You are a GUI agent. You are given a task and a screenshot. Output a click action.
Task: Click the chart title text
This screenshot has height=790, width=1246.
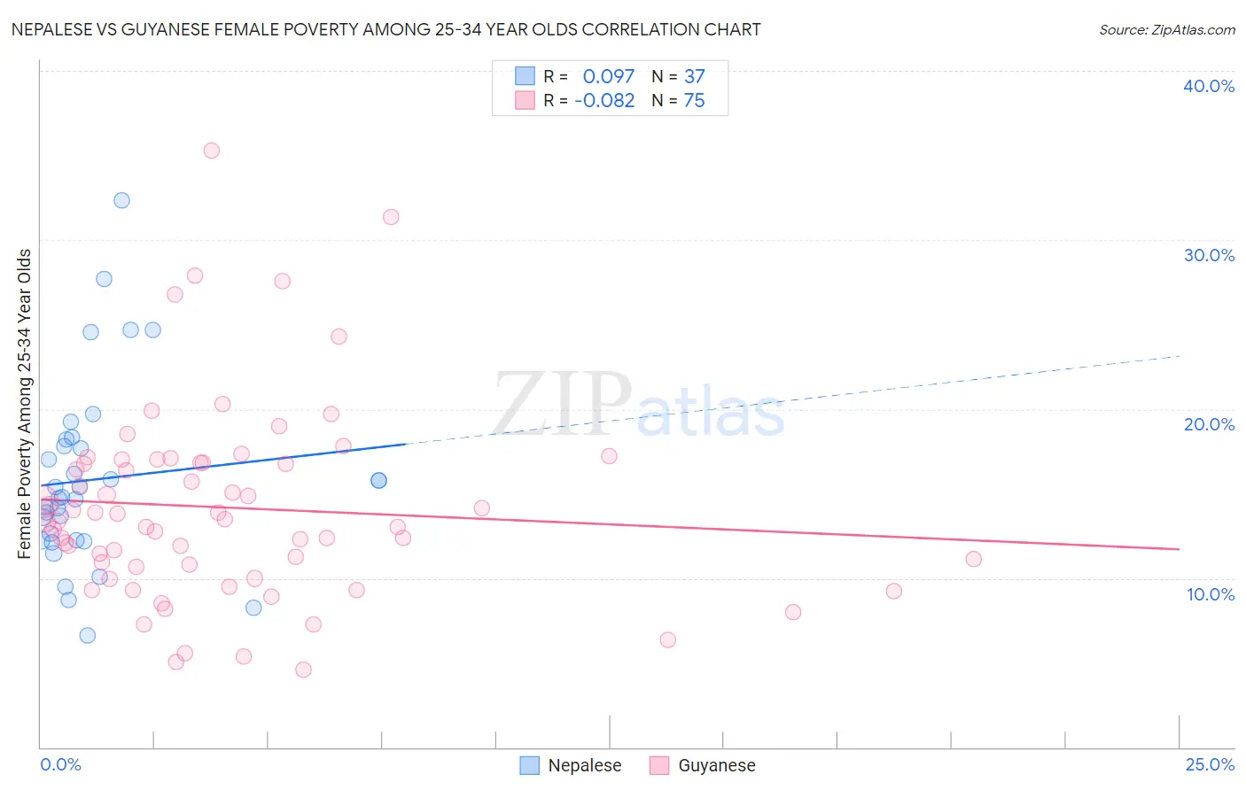click(x=385, y=29)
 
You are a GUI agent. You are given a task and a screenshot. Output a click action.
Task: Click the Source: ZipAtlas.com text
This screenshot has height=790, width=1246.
click(x=1166, y=29)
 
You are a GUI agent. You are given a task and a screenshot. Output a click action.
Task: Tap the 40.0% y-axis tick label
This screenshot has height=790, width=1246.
click(x=1208, y=86)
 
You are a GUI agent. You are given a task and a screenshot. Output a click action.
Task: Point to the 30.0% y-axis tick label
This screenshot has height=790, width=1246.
click(x=1208, y=255)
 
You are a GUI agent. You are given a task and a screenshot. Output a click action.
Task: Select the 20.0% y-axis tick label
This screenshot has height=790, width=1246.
click(x=1208, y=424)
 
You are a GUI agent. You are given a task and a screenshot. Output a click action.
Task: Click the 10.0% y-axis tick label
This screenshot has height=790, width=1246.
click(x=1210, y=594)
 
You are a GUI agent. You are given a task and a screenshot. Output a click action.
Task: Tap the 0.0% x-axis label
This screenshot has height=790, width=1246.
click(x=60, y=764)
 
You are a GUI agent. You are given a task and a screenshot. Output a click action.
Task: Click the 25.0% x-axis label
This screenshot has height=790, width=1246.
click(x=1210, y=764)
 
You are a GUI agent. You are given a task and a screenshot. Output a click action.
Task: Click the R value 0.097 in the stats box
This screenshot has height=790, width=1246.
click(x=608, y=77)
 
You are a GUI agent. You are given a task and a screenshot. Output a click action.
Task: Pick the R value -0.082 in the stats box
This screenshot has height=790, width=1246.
click(x=604, y=101)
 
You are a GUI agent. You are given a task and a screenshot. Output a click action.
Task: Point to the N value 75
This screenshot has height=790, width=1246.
click(x=694, y=101)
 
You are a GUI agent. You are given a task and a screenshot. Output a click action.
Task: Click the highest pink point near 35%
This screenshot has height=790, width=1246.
click(x=211, y=151)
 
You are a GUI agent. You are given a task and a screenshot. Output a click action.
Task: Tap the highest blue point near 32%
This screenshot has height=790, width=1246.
click(x=121, y=200)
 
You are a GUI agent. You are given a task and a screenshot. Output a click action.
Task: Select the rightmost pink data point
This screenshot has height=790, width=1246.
click(x=973, y=559)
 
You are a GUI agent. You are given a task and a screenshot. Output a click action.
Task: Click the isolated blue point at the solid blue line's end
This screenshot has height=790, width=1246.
click(x=378, y=480)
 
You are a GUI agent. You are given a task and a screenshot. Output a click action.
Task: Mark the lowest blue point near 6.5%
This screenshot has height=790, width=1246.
click(x=87, y=635)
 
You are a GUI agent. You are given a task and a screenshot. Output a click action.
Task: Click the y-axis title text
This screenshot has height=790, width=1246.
click(x=24, y=404)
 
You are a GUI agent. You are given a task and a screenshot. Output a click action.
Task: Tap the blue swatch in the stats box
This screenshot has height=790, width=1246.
click(x=526, y=77)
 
